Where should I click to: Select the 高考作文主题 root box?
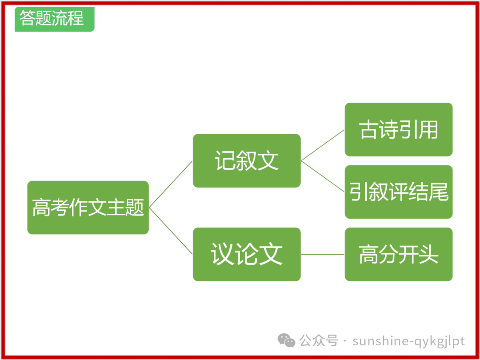(88, 208)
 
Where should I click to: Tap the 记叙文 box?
(247, 160)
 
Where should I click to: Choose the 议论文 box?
(247, 254)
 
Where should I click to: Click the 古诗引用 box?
(399, 129)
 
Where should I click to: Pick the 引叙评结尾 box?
(399, 192)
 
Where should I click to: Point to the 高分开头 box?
(399, 254)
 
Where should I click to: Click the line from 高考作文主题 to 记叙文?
(171, 184)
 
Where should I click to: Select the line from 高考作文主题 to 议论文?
(171, 231)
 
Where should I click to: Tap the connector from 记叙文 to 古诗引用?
(323, 145)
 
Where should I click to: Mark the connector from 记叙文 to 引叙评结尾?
(323, 176)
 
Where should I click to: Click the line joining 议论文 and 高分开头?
(323, 254)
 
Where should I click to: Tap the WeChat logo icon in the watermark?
(286, 340)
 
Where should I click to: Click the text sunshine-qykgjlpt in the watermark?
(408, 341)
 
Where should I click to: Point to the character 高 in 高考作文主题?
(41, 208)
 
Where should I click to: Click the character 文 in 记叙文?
(268, 160)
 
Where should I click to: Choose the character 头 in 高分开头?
(429, 254)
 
